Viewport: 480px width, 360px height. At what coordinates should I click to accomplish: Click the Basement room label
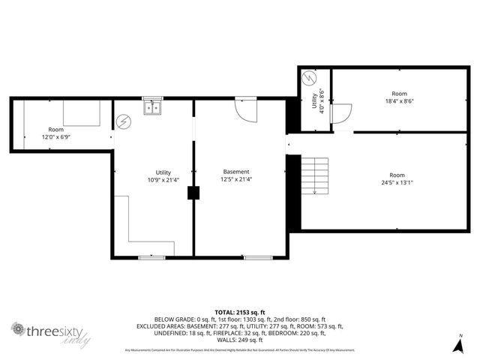235,172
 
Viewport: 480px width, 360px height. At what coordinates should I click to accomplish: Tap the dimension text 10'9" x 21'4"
163,180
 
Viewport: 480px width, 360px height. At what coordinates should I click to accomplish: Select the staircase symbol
315,175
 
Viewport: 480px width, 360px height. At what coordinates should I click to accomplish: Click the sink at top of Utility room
153,107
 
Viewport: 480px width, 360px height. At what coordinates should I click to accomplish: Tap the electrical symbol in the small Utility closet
309,77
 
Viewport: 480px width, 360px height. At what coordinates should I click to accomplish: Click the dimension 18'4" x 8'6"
399,101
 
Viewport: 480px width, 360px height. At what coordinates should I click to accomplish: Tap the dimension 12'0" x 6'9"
56,137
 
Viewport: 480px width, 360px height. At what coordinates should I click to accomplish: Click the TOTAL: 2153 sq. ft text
240,311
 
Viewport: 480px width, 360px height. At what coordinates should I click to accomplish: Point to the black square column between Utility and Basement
194,193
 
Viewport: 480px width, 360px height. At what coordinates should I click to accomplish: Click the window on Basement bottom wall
257,257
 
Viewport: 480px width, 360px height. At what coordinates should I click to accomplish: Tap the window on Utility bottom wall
152,257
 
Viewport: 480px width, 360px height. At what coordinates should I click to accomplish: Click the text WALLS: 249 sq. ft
240,340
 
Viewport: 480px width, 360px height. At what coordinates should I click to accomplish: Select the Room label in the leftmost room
56,130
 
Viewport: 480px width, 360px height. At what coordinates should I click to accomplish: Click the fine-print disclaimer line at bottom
240,350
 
